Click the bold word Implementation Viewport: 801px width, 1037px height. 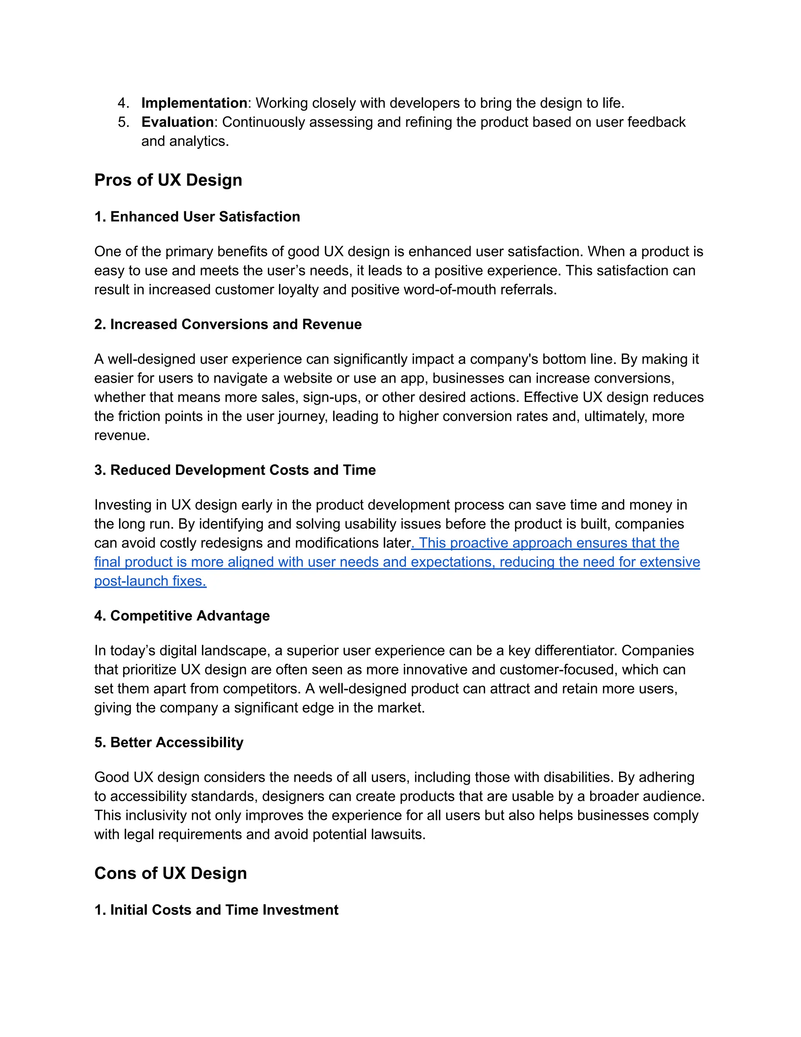pos(194,103)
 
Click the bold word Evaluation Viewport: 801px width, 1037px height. pos(178,122)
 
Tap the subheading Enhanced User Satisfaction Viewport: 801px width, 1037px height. pos(197,216)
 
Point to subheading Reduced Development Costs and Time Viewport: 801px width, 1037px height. pos(235,470)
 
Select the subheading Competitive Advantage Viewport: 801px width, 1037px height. pos(182,616)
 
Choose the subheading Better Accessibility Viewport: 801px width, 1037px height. pos(169,742)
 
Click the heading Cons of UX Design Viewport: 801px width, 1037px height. pos(171,873)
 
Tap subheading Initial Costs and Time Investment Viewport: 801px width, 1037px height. pos(216,910)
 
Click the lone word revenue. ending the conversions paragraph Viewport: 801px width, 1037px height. pos(122,436)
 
